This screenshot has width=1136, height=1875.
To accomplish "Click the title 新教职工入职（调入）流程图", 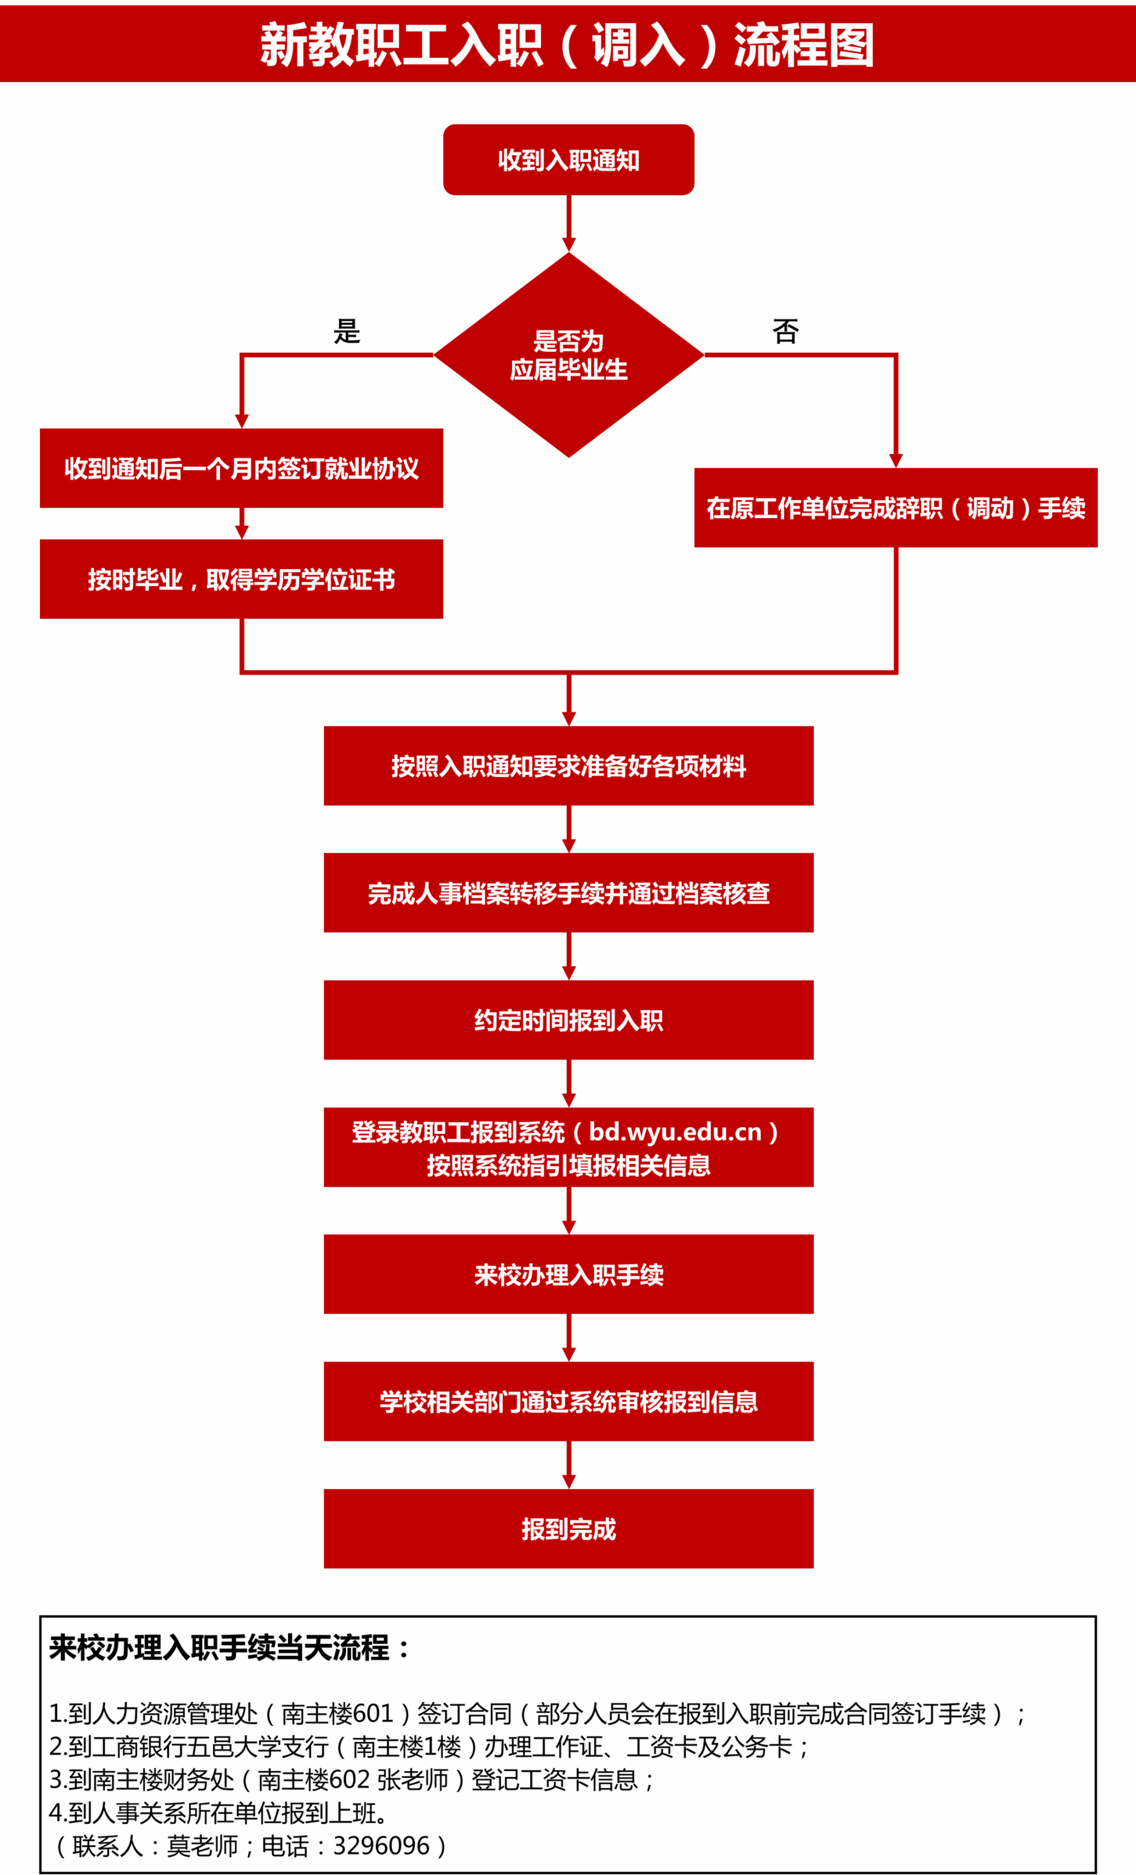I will pyautogui.click(x=567, y=44).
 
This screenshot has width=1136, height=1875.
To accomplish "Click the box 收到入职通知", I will pyautogui.click(x=569, y=160).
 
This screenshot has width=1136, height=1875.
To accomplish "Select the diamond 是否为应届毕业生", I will pyautogui.click(x=569, y=354).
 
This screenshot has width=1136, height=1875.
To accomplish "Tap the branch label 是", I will pyautogui.click(x=347, y=331).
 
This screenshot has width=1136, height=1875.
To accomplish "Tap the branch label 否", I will pyautogui.click(x=785, y=331).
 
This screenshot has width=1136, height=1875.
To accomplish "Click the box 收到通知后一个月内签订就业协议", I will pyautogui.click(x=241, y=468).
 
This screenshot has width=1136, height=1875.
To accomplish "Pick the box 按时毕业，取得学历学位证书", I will pyautogui.click(x=241, y=579).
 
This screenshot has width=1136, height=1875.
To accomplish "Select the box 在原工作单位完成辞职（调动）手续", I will pyautogui.click(x=896, y=508).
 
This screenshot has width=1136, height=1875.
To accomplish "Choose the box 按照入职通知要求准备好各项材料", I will pyautogui.click(x=569, y=766).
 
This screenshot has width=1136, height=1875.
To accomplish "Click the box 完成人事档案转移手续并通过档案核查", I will pyautogui.click(x=569, y=893).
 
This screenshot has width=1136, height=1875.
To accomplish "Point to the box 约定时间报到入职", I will pyautogui.click(x=569, y=1020).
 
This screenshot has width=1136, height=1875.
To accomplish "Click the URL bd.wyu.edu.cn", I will pyautogui.click(x=675, y=1132).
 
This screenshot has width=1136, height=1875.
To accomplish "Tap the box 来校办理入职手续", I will pyautogui.click(x=569, y=1274).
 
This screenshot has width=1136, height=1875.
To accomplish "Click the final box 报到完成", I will pyautogui.click(x=569, y=1529).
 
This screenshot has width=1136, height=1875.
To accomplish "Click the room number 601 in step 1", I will pyautogui.click(x=372, y=1714).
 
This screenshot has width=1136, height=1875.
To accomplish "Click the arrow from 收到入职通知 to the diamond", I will pyautogui.click(x=569, y=223).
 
